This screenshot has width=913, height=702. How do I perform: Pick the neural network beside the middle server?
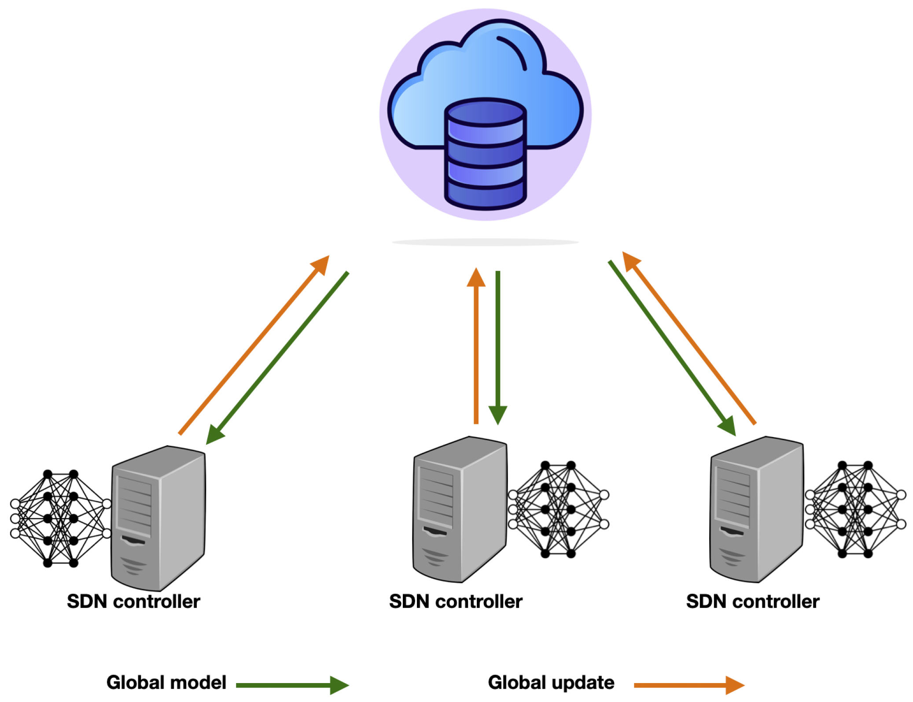[x=558, y=509]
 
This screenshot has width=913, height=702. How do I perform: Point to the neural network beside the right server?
[x=855, y=509]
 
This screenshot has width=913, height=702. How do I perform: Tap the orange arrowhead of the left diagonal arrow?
[x=322, y=264]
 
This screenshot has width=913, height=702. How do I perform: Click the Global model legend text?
[x=166, y=682]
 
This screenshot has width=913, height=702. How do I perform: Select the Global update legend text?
[x=551, y=682]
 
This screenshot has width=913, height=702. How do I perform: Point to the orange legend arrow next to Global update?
[x=688, y=685]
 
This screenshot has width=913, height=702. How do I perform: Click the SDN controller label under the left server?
[x=133, y=601]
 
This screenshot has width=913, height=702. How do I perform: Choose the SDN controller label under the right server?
[x=752, y=601]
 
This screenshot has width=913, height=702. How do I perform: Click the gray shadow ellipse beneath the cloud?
[x=485, y=242]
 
